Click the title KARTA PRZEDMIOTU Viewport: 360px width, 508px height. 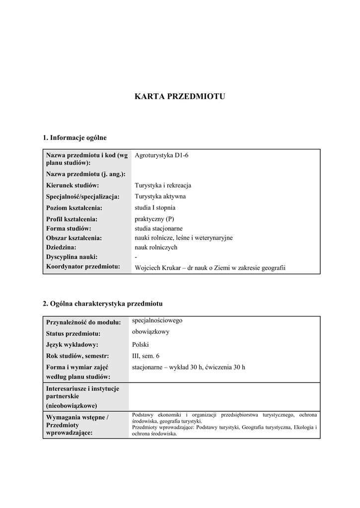pyautogui.click(x=180, y=97)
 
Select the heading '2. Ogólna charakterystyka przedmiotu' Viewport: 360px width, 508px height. pyautogui.click(x=102, y=303)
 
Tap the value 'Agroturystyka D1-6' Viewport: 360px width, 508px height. pyautogui.click(x=161, y=155)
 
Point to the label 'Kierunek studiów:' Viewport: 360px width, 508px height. pyautogui.click(x=72, y=186)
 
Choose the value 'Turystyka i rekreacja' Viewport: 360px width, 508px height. pyautogui.click(x=163, y=186)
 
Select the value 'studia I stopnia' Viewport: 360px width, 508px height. pyautogui.click(x=155, y=208)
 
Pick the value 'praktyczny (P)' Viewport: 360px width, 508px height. pyautogui.click(x=154, y=219)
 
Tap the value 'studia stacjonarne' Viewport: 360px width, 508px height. pyautogui.click(x=158, y=228)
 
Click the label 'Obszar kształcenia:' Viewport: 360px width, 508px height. pyautogui.click(x=74, y=238)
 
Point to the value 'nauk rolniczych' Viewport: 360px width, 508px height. pyautogui.click(x=156, y=247)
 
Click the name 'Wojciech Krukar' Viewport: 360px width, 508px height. pyautogui.click(x=156, y=268)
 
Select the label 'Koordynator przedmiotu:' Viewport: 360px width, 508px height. pyautogui.click(x=83, y=266)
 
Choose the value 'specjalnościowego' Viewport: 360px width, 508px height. pyautogui.click(x=157, y=320)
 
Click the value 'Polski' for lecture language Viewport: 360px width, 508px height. pyautogui.click(x=140, y=345)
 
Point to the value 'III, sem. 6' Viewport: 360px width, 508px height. pyautogui.click(x=146, y=356)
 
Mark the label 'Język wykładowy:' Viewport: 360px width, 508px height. pyautogui.click(x=72, y=345)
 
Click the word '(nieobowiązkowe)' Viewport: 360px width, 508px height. pyautogui.click(x=72, y=405)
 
